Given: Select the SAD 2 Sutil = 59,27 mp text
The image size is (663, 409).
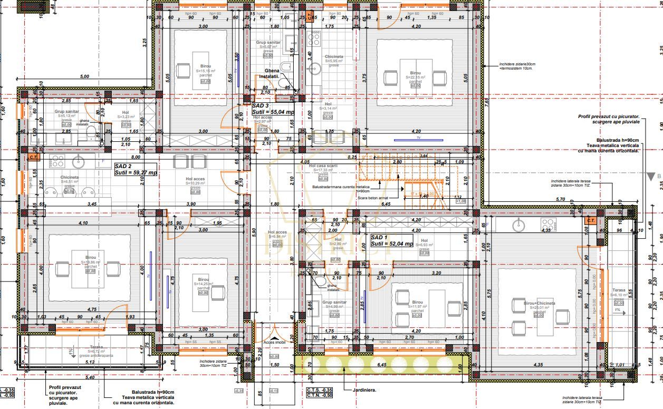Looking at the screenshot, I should (x=136, y=169).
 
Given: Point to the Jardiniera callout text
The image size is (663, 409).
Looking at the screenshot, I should (x=362, y=391).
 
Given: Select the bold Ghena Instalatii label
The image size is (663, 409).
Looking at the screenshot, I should (x=272, y=73).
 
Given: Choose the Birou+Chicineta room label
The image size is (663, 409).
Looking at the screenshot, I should (x=539, y=304).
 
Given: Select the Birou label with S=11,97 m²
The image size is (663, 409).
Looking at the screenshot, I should (x=417, y=303).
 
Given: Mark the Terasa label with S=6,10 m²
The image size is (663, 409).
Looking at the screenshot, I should (x=619, y=290).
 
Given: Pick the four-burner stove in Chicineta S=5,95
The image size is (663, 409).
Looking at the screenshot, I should (x=314, y=38).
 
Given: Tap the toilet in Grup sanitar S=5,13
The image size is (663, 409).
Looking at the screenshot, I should (x=90, y=131).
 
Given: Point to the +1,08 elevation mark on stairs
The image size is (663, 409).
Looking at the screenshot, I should (x=460, y=201).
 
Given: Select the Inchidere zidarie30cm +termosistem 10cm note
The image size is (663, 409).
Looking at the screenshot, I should (x=517, y=66).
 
